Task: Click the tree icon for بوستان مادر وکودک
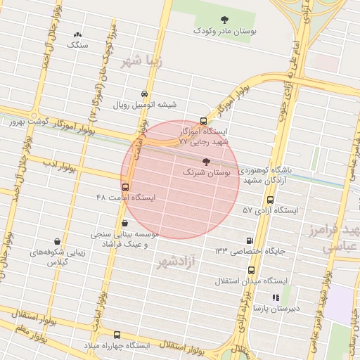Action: (224, 20)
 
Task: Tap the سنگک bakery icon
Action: (77, 34)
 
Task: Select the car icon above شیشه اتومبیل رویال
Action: (144, 94)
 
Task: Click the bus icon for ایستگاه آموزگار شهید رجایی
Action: (203, 121)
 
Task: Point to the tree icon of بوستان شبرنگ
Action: (205, 162)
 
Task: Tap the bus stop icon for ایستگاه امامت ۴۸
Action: (126, 187)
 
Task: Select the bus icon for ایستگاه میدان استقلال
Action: (251, 270)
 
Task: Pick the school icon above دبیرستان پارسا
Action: (276, 297)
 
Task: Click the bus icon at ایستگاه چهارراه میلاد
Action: (117, 335)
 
